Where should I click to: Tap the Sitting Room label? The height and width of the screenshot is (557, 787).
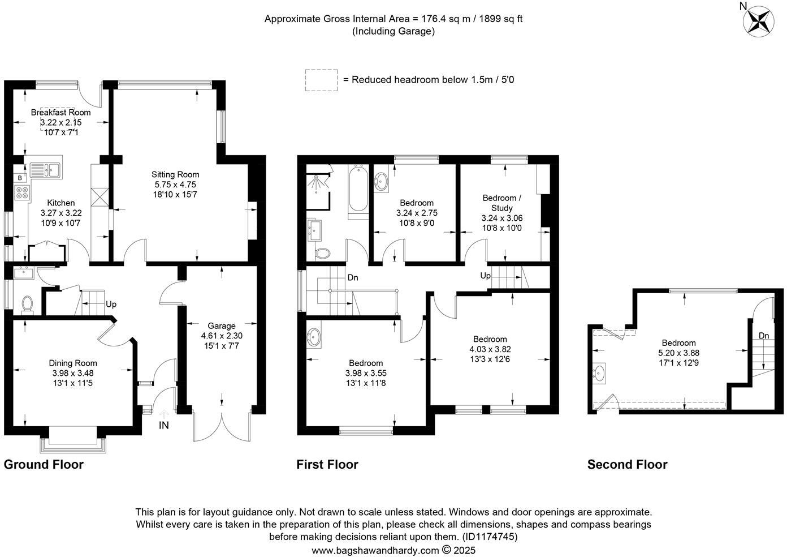[x=175, y=174]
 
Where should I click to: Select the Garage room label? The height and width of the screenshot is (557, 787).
[x=222, y=326]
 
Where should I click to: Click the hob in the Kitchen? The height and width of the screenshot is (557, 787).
[x=22, y=192]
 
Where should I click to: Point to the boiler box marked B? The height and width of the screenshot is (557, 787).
[x=20, y=178]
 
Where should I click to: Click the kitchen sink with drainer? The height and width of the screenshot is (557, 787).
[x=45, y=170]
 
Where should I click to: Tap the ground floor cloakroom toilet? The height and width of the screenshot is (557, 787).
[x=27, y=305]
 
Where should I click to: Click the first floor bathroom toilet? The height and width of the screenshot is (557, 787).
[x=323, y=254]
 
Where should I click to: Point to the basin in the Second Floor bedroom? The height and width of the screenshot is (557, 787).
[x=599, y=373]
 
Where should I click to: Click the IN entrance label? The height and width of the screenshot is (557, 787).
[x=164, y=426]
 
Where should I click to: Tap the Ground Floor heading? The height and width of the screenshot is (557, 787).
[x=44, y=465]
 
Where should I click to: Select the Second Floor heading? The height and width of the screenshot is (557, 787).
[x=628, y=465]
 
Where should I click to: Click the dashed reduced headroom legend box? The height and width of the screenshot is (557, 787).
[x=321, y=80]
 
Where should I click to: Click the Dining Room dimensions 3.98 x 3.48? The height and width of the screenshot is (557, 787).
[x=73, y=373]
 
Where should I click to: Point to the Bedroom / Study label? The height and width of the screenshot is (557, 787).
[x=501, y=203]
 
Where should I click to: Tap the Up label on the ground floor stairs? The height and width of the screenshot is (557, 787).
[x=111, y=305]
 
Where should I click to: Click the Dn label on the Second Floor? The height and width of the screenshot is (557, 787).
[x=764, y=336]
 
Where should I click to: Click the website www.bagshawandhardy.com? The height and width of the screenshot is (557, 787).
[x=375, y=550]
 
